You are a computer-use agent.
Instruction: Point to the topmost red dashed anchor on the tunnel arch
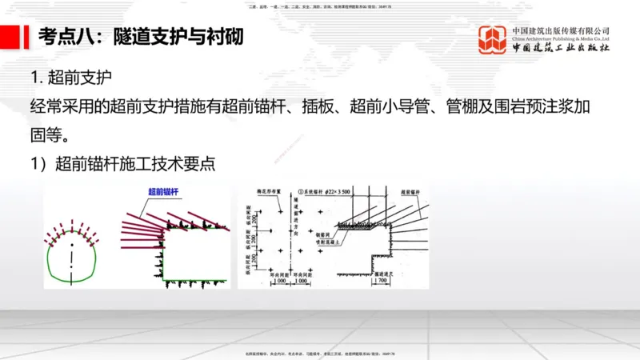point(72,222)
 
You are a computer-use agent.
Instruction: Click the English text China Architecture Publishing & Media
point(561,38)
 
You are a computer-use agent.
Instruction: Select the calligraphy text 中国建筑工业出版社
point(561,49)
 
